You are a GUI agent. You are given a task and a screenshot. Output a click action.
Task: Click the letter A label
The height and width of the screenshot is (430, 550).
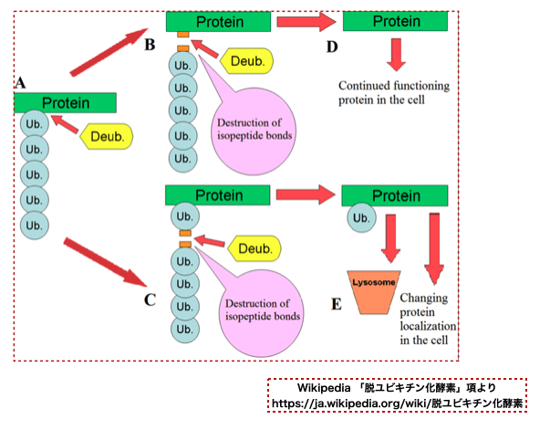(20, 83)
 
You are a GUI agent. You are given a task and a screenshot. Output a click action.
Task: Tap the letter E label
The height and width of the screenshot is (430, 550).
(336, 303)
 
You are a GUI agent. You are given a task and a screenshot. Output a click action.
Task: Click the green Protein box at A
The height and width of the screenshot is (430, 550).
(66, 103)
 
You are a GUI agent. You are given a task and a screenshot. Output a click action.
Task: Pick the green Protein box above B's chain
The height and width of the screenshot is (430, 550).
(217, 22)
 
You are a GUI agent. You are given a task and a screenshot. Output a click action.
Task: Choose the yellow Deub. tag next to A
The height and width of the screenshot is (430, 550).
(108, 137)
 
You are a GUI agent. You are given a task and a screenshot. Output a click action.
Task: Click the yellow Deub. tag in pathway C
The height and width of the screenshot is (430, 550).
(255, 248)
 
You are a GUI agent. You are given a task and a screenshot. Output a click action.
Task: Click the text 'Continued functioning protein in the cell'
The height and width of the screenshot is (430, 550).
(395, 93)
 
